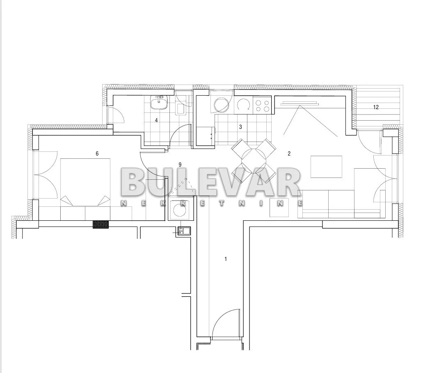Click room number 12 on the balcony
[x=376, y=107]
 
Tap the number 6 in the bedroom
[x=97, y=153]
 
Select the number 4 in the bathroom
[x=156, y=120]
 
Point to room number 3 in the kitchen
[x=241, y=126]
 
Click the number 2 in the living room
[x=289, y=153]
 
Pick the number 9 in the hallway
[x=180, y=165]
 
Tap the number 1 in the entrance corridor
[x=226, y=259]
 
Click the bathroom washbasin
[x=159, y=103]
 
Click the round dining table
[x=254, y=160]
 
